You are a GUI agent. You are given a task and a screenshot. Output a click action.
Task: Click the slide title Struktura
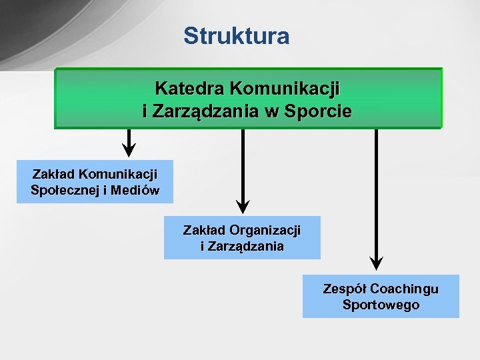tap(237, 36)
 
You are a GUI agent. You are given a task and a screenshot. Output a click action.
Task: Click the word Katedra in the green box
tap(189, 88)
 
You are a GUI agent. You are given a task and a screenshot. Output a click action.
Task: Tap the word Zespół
tap(345, 289)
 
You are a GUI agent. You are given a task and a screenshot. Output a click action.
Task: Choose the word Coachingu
tap(404, 289)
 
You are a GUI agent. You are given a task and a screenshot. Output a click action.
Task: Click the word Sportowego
tap(381, 305)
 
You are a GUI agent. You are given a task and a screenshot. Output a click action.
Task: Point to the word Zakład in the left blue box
tap(53, 174)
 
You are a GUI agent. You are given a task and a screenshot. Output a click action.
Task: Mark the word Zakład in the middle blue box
tap(205, 231)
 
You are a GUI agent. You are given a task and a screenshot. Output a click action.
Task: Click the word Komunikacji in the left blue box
tap(118, 174)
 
